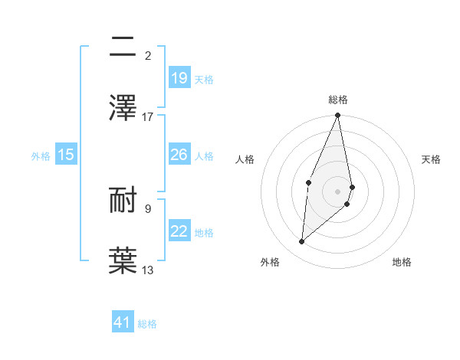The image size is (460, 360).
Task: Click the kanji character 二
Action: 126,48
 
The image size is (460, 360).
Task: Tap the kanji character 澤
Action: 126,108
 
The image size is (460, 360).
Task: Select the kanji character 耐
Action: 126,201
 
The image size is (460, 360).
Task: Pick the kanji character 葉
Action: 126,260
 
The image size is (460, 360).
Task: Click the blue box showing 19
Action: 179,78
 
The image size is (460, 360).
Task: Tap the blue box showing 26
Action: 179,155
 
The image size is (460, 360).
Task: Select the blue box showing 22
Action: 179,231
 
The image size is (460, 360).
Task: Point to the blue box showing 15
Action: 66,155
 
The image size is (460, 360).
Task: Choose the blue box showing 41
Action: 123,322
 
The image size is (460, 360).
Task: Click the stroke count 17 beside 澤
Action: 148,117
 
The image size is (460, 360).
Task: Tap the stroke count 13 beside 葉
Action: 148,270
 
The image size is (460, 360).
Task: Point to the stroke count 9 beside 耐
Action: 148,208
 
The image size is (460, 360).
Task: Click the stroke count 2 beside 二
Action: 148,55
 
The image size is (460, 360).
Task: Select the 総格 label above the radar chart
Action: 338,100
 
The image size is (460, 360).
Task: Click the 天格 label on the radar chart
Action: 432,159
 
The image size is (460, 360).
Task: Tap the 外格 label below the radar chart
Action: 270,262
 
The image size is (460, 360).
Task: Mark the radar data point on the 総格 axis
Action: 338,116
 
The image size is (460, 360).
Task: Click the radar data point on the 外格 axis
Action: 302,241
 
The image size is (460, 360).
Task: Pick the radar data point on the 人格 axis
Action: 308,182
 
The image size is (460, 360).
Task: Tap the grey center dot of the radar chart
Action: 338,191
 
